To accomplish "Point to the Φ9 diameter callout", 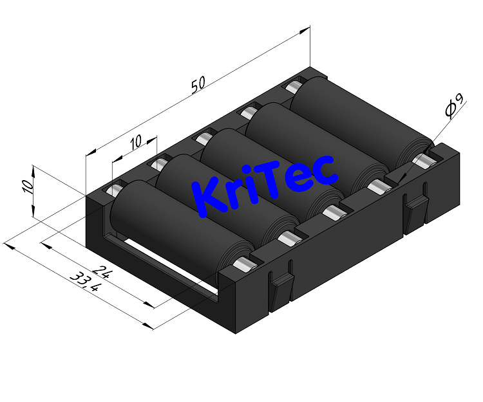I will (x=453, y=106).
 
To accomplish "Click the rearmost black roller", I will (x=361, y=119).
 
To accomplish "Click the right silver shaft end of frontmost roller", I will (x=243, y=264).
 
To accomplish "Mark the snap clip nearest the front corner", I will (x=280, y=289).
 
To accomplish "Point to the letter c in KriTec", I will (x=324, y=169).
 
